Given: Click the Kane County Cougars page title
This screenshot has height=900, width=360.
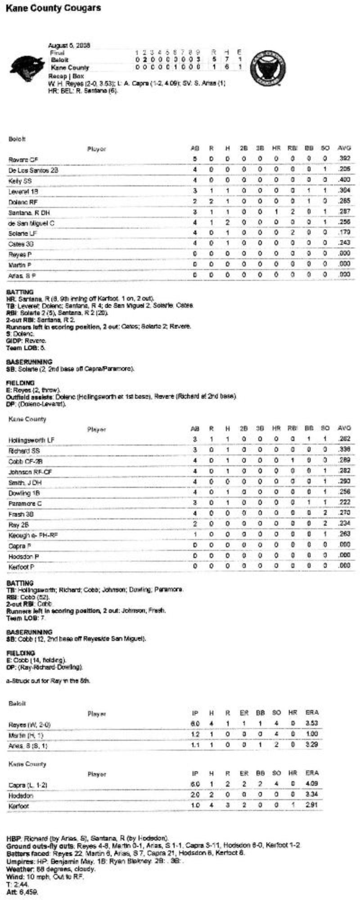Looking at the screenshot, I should pyautogui.click(x=53, y=8).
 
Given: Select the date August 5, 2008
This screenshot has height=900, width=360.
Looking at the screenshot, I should pyautogui.click(x=69, y=45).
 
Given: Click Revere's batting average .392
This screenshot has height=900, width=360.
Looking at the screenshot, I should pyautogui.click(x=344, y=159).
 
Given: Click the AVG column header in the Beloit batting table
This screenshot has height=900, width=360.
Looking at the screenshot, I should pyautogui.click(x=344, y=148).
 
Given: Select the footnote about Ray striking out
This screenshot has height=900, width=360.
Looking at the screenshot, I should pyautogui.click(x=48, y=681).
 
